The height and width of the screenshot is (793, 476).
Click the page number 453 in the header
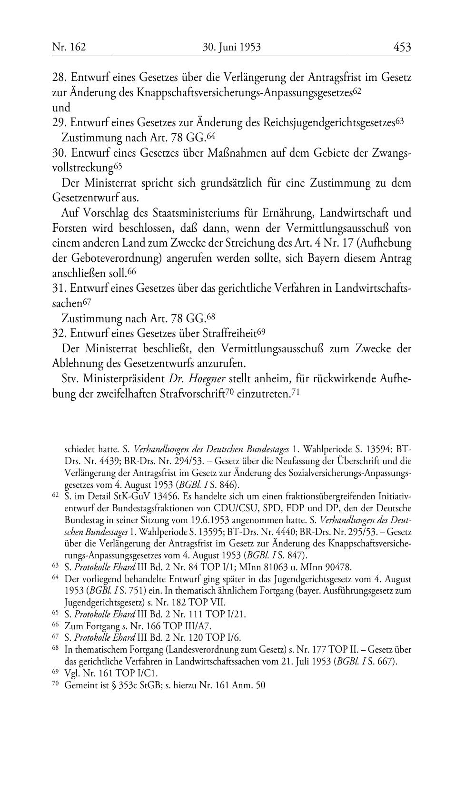coord(402,47)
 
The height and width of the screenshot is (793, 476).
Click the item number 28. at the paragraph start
coord(59,77)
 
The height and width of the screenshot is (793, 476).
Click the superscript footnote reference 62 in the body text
coord(358,90)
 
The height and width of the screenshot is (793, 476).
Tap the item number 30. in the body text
coord(59,153)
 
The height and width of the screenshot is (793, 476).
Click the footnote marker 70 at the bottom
coord(55,684)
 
